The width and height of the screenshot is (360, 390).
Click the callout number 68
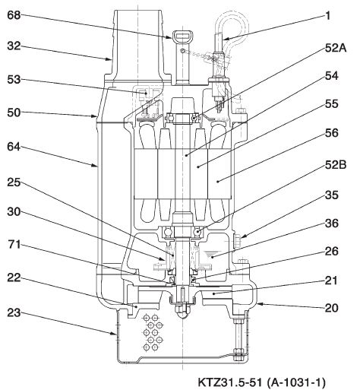point(14,15)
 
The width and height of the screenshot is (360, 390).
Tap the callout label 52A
point(336,48)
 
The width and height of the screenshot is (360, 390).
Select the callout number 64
point(14,147)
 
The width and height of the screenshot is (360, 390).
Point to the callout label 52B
point(336,165)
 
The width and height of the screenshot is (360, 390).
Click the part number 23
point(14,312)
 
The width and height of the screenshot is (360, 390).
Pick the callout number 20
point(331,308)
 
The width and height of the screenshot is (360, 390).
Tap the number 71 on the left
point(14,245)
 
